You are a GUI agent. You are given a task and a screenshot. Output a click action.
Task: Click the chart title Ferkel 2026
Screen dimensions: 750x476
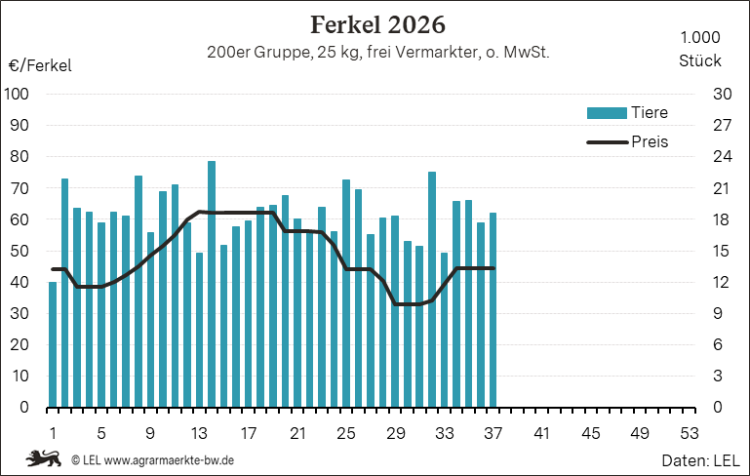click(x=377, y=24)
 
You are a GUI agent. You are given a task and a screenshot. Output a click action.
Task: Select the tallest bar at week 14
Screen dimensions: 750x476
click(x=212, y=284)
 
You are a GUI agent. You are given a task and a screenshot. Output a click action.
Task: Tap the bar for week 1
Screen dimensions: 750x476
click(x=53, y=345)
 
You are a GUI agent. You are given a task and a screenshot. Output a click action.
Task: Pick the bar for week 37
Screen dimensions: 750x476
click(x=493, y=310)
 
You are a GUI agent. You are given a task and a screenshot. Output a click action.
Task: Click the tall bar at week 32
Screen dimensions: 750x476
click(x=432, y=290)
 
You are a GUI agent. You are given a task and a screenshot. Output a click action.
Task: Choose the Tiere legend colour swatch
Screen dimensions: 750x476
click(x=607, y=113)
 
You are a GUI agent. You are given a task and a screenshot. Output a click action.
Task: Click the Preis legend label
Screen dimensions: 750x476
click(x=650, y=141)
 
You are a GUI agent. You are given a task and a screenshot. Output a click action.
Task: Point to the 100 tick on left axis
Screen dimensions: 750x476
click(x=17, y=94)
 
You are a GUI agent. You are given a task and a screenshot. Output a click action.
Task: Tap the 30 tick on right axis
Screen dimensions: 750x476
click(x=723, y=94)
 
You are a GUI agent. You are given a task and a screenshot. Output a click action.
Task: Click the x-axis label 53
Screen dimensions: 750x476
click(x=690, y=433)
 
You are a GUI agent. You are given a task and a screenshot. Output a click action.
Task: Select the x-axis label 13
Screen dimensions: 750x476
click(x=199, y=433)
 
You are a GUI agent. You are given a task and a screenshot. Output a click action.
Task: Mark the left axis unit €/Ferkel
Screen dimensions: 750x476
click(x=40, y=65)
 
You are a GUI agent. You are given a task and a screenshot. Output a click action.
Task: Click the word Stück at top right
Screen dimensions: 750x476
click(x=700, y=60)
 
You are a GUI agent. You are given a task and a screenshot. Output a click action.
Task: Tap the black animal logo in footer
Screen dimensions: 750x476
click(x=44, y=458)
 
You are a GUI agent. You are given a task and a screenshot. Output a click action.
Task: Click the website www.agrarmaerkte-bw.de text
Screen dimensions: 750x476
click(x=170, y=460)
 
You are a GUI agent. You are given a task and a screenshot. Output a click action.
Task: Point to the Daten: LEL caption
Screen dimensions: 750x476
click(x=700, y=460)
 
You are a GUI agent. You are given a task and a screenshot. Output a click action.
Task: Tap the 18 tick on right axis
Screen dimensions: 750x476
click(x=722, y=219)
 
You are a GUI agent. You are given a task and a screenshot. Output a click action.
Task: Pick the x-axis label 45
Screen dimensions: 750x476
click(x=591, y=433)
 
